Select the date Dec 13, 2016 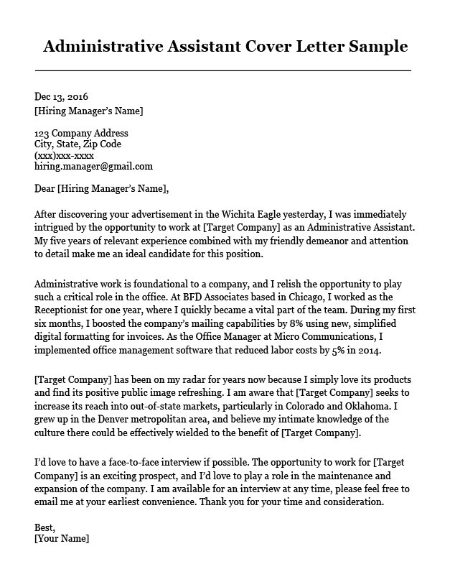(61, 96)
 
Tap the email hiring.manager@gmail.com (93, 166)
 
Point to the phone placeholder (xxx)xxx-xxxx (64, 155)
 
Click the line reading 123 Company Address (81, 133)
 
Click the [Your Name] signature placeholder (61, 538)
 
